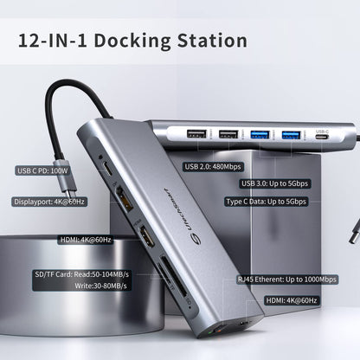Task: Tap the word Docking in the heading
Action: (129, 40)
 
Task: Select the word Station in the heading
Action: (209, 40)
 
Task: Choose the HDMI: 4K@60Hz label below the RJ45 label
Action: (298, 299)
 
